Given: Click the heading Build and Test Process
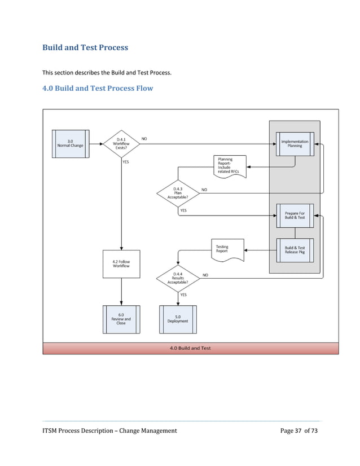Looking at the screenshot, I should click(85, 47).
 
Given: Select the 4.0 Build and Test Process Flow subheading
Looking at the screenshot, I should click(98, 88).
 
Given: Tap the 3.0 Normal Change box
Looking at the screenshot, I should click(69, 143).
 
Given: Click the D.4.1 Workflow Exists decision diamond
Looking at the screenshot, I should click(121, 143).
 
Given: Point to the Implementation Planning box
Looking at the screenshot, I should click(295, 143).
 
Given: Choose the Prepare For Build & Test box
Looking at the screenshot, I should click(295, 216).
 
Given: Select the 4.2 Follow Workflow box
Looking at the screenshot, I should click(121, 263).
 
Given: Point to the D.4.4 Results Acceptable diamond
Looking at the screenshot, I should click(178, 278).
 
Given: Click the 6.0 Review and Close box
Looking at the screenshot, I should click(121, 319).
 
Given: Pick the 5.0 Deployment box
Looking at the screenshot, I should click(178, 319).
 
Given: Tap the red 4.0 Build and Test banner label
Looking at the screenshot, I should click(190, 348).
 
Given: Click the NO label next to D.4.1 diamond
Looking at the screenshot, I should click(144, 138).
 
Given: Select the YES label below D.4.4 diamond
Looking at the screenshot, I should click(183, 294).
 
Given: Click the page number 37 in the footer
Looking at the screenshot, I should click(298, 431).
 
